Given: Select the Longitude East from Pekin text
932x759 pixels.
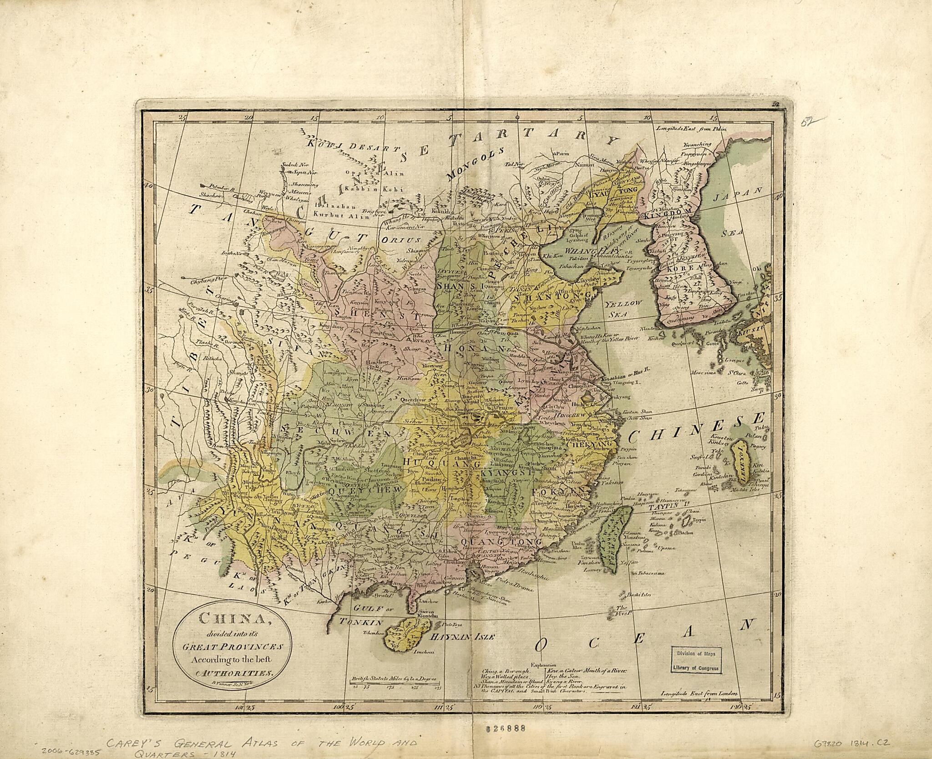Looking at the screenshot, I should (692, 129).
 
